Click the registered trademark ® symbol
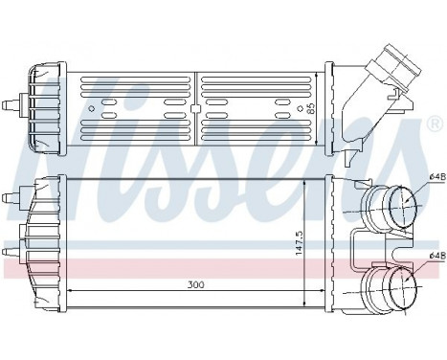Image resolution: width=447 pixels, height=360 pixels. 435,125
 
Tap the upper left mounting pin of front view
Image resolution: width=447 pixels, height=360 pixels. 11,198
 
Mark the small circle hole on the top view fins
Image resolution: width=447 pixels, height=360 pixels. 194,108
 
